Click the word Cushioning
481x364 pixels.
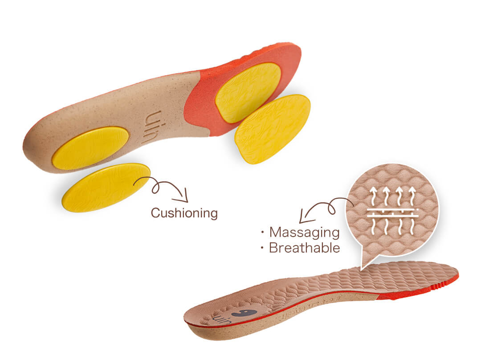pos(184,213)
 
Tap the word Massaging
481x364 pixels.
pos(304,232)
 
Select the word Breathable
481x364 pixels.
pos(304,248)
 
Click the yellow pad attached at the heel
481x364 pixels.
pos(90,148)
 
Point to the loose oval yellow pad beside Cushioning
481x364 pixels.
pos(106,187)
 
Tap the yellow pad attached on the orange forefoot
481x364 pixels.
pos(248,92)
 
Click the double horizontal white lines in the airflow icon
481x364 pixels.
pos(392,213)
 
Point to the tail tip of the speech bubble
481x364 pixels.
pos(362,269)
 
